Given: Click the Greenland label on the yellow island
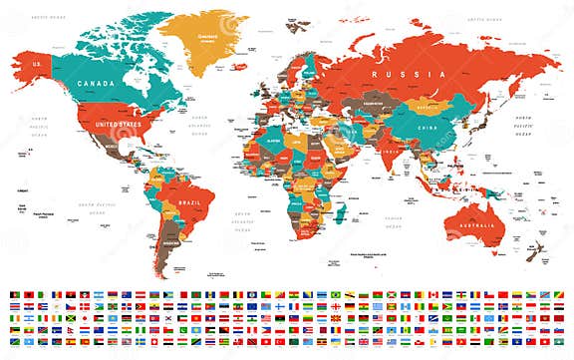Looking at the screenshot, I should point(206,39).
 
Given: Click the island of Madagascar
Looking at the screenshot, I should point(340,210).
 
